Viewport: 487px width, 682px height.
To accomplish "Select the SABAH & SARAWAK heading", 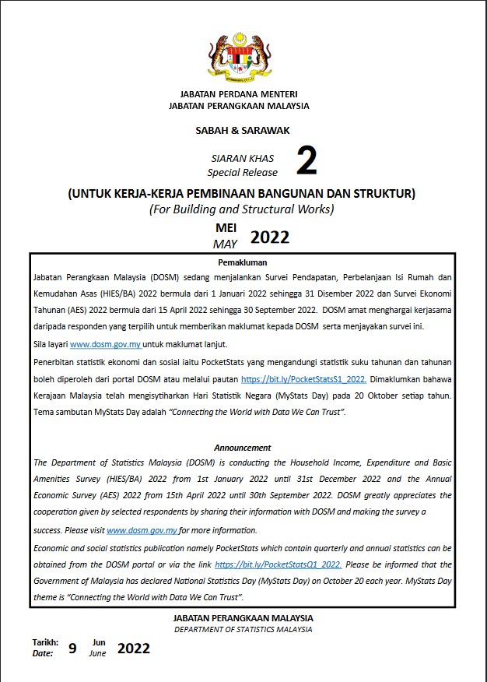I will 243,131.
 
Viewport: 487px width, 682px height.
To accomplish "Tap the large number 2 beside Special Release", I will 307,162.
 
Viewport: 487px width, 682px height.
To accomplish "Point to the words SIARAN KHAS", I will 243,158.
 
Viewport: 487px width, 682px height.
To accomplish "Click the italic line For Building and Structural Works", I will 241,209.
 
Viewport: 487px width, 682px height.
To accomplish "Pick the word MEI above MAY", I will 226,228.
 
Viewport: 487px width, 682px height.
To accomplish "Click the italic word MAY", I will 226,244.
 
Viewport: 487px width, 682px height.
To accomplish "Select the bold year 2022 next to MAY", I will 270,237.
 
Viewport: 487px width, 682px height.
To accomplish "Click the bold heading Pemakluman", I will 243,263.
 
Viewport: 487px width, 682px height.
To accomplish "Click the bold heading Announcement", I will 243,448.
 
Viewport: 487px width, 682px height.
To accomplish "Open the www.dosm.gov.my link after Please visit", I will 142,530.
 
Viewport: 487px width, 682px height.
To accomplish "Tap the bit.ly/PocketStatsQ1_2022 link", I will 278,564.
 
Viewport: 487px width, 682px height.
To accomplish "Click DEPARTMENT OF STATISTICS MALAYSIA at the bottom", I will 243,629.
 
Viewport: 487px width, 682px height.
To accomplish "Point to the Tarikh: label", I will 44,642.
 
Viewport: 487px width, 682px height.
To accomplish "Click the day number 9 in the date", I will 72,648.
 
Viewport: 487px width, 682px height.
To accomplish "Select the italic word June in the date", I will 97,654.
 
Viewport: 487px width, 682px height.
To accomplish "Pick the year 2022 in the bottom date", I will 134,648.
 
